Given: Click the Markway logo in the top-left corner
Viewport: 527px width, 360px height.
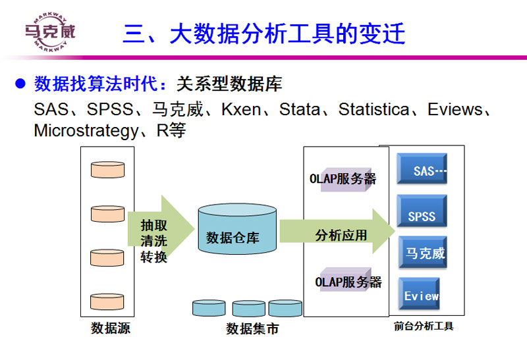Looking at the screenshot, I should pos(49,30).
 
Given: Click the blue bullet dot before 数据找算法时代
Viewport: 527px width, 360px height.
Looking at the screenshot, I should pos(20,84).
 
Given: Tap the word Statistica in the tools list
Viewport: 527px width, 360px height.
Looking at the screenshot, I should pos(374,109).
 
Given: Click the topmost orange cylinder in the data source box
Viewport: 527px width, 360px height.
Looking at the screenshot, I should pos(107,169).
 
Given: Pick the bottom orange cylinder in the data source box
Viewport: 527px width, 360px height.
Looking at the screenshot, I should pos(107,301).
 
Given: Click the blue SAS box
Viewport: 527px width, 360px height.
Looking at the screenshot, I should pos(422,170).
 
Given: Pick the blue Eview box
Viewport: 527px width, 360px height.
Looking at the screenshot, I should pos(421,296).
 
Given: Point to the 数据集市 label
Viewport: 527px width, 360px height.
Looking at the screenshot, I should pos(252,328).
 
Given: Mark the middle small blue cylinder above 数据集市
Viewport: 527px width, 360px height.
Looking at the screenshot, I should pos(248,308).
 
